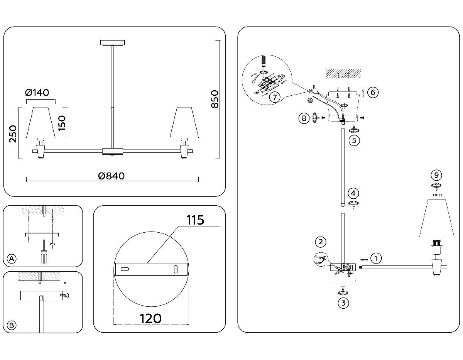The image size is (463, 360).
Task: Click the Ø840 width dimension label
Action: (x=112, y=176)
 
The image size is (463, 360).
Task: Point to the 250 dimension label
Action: (x=13, y=134)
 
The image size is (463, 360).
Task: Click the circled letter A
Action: (x=12, y=259)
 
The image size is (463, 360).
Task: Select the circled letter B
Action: (x=12, y=325)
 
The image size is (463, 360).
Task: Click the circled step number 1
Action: (x=376, y=258)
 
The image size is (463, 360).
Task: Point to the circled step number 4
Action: (x=353, y=193)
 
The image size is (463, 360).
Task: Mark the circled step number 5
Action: (x=354, y=140)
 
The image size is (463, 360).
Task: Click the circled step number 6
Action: (x=373, y=92)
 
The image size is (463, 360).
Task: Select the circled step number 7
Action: (x=274, y=97)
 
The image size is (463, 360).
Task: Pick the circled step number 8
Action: (x=304, y=118)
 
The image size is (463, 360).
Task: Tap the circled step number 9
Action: (x=436, y=176)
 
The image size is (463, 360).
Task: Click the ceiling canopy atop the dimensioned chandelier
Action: (x=112, y=42)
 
